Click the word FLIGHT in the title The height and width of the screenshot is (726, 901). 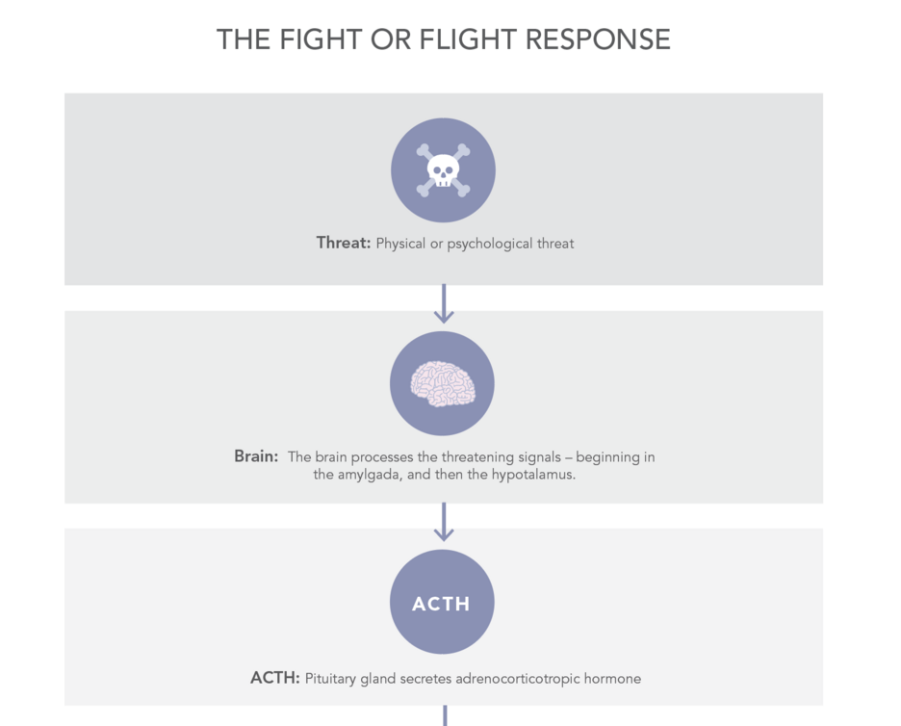[467, 39]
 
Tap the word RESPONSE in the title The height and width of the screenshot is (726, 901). [598, 39]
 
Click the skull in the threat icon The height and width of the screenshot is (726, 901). [443, 170]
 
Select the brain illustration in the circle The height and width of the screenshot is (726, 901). [443, 384]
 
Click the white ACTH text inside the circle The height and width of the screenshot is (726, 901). [441, 604]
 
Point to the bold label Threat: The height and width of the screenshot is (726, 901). [344, 243]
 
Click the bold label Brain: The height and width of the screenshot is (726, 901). [256, 455]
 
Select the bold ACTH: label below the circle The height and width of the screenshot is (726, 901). [275, 678]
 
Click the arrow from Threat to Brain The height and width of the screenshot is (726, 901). [444, 303]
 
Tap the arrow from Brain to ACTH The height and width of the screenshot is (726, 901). [444, 522]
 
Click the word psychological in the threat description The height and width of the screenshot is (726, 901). [490, 244]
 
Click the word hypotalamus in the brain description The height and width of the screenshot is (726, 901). [533, 475]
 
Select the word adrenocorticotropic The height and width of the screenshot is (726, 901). [517, 679]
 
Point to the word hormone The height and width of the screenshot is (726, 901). [612, 679]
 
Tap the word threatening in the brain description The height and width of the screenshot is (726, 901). [477, 457]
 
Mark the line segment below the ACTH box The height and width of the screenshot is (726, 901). [445, 715]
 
